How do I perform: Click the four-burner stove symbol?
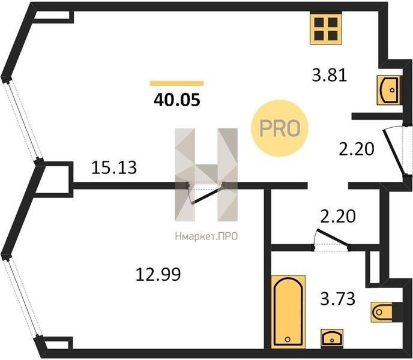pos(326,29)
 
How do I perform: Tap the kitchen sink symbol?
pos(388,90)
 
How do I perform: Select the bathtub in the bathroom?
pos(288,312)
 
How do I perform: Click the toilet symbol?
pos(382,312)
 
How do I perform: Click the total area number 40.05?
pos(177,100)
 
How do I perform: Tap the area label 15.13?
pos(114,167)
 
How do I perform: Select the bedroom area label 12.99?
pos(158,274)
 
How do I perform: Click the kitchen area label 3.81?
pos(329,75)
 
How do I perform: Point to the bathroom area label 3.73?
pos(338,299)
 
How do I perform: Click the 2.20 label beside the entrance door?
pos(357,149)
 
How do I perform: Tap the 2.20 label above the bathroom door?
pos(338,216)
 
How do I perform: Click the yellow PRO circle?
pos(280,128)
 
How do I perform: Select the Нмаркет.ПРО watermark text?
pos(206,236)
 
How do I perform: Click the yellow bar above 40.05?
pos(176,83)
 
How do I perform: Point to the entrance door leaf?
pos(394,152)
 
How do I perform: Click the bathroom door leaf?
pos(333,238)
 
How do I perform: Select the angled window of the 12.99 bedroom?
pos(23,298)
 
